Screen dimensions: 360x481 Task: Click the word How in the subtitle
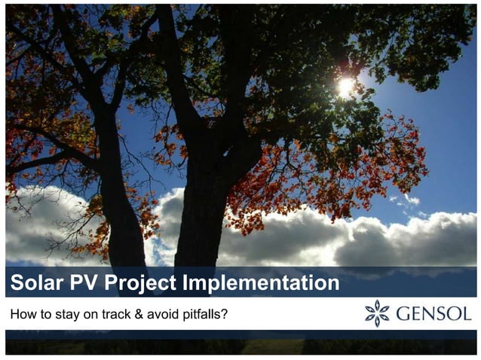(x=23, y=313)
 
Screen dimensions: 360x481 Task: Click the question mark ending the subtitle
(x=225, y=313)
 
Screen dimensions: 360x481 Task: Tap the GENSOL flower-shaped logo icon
(x=377, y=313)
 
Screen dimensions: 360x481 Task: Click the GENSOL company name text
(x=434, y=313)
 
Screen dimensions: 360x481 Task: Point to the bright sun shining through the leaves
(x=345, y=87)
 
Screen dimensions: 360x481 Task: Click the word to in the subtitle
(x=44, y=313)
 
